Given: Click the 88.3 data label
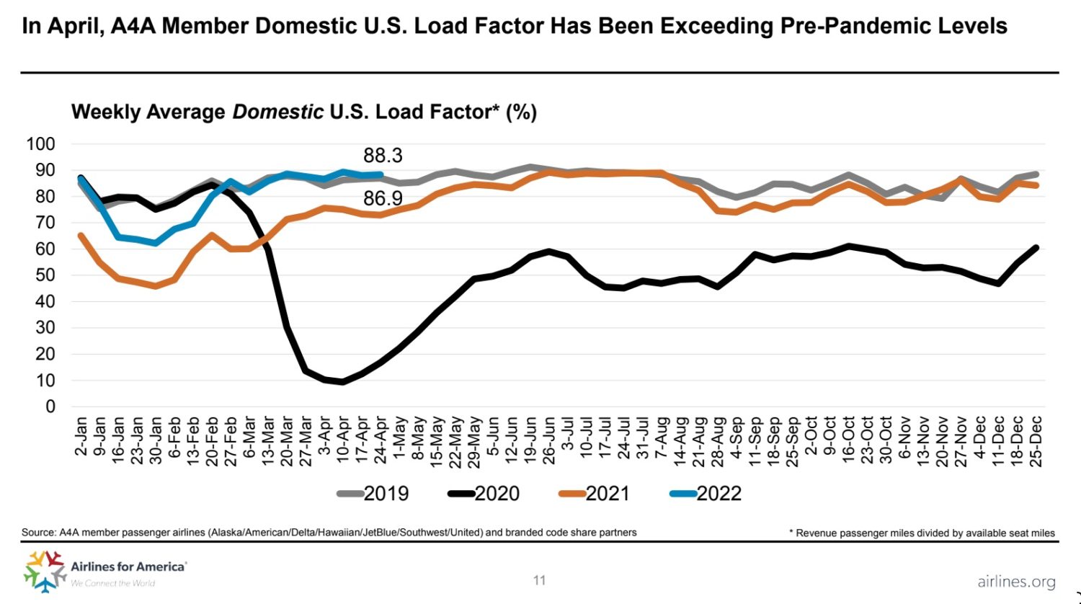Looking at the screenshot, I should pos(383,156).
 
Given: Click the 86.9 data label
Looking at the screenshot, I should pos(383,198).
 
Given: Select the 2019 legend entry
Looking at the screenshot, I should pos(373,494).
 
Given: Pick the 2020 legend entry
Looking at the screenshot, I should pos(484,494).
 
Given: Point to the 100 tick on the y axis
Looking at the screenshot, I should pos(41,144).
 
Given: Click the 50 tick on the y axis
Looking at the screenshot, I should pos(45,275).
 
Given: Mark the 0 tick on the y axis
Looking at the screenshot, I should pos(50,407).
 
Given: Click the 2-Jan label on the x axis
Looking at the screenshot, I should pos(81,437).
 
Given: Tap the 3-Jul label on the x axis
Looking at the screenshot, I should pos(568,437).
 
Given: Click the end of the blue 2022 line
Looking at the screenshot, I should pos(381,174).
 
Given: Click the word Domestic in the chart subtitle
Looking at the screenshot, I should pos(277,112).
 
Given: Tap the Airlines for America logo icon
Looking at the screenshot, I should pos(45,569).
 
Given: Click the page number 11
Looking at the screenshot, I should pos(539,580).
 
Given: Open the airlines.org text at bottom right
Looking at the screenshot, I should pos(1016,582).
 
